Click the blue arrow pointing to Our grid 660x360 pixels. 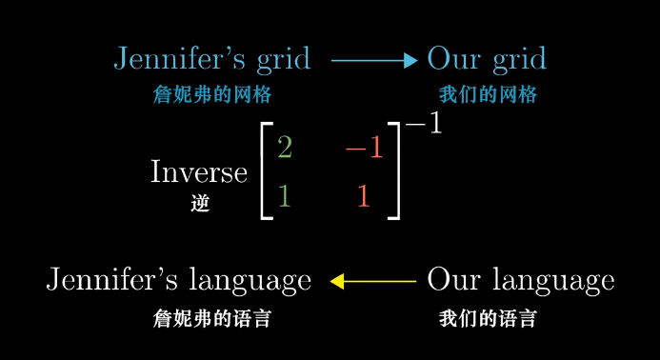pos(374,61)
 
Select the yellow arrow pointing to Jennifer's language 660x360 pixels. pos(372,281)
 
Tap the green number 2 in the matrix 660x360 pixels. pos(284,148)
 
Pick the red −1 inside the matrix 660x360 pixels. pos(363,149)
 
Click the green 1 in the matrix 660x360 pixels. pos(284,196)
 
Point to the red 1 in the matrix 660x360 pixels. pos(363,196)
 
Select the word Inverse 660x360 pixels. pos(198,172)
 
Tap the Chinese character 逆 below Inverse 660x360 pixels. pos(199,203)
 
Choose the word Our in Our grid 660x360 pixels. pos(450,59)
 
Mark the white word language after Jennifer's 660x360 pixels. pos(250,282)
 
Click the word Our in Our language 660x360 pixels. pos(450,280)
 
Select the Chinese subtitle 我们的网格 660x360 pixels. pos(488,95)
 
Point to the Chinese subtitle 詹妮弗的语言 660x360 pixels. pos(211,318)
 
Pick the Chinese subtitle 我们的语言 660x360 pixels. pos(488,318)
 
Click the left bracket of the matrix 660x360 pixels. pos(266,172)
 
